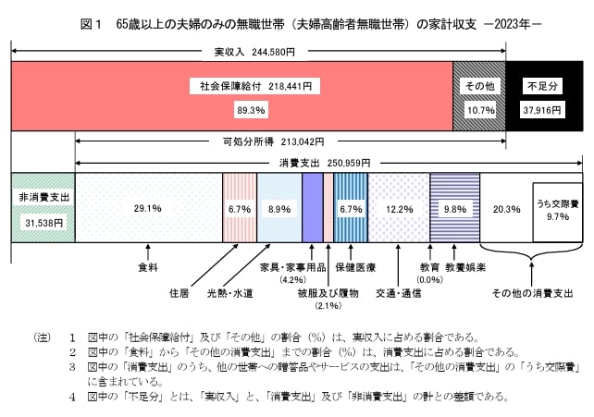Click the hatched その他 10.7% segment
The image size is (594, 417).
(478, 97)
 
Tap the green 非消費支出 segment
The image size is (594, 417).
(42, 207)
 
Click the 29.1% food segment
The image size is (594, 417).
(148, 208)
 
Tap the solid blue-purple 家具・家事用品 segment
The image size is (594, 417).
(312, 207)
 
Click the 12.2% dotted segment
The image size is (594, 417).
(398, 207)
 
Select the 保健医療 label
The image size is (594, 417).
(356, 267)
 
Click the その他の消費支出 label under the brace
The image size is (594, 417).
(532, 293)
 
